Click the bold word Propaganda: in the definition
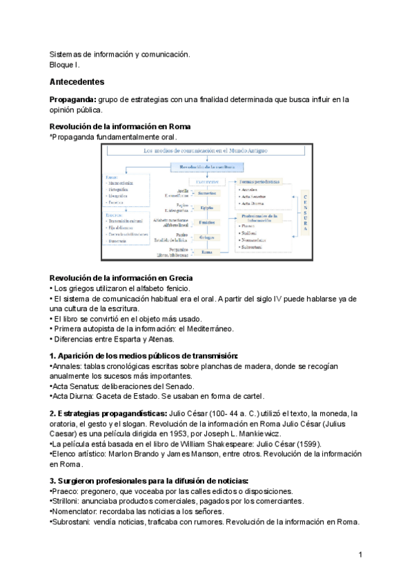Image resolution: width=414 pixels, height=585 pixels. pos(72,99)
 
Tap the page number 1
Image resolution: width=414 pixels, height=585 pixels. pos(361,555)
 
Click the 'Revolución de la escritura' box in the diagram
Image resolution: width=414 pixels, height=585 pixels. pos(206,166)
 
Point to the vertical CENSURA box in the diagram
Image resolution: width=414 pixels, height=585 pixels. pos(306,212)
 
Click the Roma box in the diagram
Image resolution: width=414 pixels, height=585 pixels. pos(206,252)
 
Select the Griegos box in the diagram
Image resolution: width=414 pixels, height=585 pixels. pos(206,237)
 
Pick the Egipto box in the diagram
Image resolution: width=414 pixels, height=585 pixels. pos(206,207)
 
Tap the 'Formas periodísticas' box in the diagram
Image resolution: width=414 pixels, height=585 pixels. pos(259,181)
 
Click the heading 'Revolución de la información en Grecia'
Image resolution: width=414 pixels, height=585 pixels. pos(115,277)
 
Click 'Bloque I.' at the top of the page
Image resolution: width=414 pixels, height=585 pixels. pos(65,64)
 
